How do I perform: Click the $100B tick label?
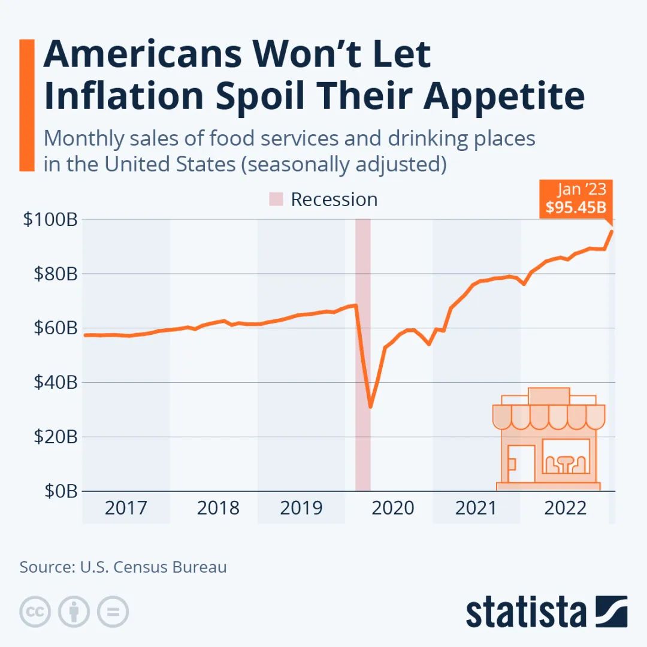50,220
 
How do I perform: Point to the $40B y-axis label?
53,382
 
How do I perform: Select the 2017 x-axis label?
126,508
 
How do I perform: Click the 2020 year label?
393,508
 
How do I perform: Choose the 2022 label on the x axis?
565,508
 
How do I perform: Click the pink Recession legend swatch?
276,199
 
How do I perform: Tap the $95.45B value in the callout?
576,207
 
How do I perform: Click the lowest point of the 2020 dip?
371,407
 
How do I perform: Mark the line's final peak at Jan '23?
612,231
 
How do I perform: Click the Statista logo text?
527,612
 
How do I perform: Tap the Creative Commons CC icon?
35,612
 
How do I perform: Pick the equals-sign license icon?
113,612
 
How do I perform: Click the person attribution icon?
74,612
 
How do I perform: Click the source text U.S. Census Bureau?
153,567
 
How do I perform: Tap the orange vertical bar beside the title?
27,105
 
